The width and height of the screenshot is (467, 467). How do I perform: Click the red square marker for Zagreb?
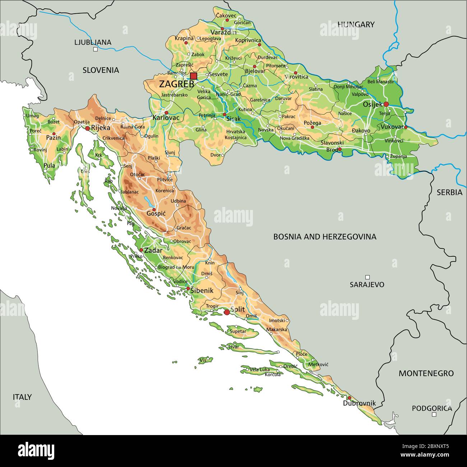pos(194,76)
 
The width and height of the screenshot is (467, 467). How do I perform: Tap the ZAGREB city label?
pos(176,84)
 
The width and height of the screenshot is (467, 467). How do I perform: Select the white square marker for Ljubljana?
pos(95,50)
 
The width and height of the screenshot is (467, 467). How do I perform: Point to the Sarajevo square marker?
pos(367,277)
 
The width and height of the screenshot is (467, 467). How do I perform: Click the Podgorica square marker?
pos(434,414)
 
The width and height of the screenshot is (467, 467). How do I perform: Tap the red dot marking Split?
pos(227,312)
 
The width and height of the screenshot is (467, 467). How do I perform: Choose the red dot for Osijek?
pos(386,104)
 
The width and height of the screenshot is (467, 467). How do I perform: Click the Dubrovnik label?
pos(359,403)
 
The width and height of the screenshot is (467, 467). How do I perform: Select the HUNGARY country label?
pos(356,24)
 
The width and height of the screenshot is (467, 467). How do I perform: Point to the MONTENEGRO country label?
pos(426,373)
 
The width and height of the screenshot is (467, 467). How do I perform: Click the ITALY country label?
pos(22,397)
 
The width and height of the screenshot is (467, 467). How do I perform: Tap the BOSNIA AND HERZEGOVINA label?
pos(325,237)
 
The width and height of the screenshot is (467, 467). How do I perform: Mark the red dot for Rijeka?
pos(87,128)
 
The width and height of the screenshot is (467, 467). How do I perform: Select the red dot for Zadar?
pos(141,250)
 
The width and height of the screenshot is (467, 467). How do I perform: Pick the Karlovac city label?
pos(166,117)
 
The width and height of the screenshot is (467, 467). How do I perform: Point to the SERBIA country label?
pos(449,192)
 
